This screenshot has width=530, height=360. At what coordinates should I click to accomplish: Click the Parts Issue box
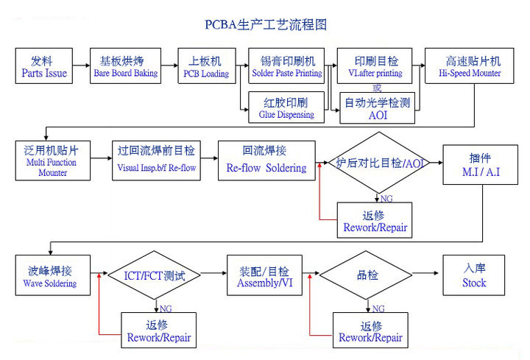tap(43, 66)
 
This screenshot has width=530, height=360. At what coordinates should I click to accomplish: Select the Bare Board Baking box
tap(125, 66)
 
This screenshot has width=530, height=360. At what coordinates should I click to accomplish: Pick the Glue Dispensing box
tap(286, 107)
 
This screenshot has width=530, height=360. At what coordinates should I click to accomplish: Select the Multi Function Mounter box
tap(52, 160)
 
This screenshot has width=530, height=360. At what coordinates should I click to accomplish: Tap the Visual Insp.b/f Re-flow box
tap(156, 160)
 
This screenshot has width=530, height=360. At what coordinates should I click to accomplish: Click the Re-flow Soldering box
tap(266, 160)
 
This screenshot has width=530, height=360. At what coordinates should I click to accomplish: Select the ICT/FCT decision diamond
tap(155, 275)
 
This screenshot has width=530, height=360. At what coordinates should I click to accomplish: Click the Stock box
tap(474, 275)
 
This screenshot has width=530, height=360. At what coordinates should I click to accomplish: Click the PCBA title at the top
tap(265, 24)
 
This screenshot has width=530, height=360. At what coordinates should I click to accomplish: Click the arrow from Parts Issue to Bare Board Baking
tap(82, 66)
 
